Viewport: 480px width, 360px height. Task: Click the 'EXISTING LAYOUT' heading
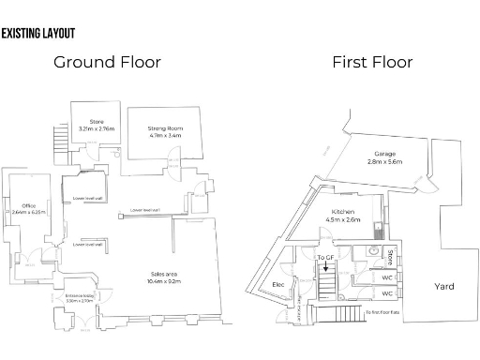point(38,34)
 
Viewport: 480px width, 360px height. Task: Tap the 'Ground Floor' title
point(107,63)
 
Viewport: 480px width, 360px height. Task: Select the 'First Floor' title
point(371,63)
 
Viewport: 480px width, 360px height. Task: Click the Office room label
point(29,204)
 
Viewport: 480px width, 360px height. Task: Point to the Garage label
point(384,154)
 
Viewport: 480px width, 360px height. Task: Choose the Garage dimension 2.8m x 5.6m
point(384,161)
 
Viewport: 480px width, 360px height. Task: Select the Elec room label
point(278,284)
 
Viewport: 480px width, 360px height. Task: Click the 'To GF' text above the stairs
point(325,257)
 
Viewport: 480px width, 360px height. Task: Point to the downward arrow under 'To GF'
point(325,268)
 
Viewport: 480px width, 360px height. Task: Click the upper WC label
point(386,277)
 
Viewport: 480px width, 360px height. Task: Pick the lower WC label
point(386,292)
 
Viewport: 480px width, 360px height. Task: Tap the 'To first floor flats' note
point(383,311)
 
